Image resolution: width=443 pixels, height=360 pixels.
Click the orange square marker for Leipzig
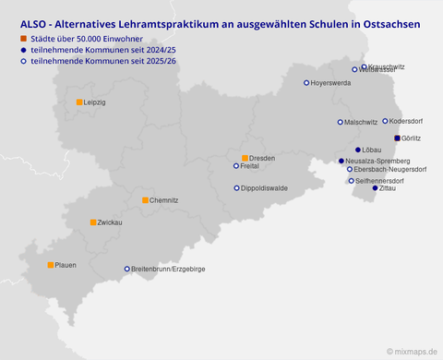pos(79,102)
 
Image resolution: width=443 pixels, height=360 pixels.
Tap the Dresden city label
pos(263,158)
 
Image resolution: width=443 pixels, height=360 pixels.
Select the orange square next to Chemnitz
pos(145,199)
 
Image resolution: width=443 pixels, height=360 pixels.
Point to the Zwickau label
pos(111,222)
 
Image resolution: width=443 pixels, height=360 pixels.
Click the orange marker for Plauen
pos(51,265)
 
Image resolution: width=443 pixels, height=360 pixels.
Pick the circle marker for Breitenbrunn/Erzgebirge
pos(127,270)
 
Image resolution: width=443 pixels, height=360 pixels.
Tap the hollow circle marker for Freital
pos(236,166)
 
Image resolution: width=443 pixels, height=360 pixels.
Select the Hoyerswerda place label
pos(331,83)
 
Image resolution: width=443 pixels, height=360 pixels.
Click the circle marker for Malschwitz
pos(341,122)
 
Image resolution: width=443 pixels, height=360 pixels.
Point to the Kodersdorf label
pos(408,121)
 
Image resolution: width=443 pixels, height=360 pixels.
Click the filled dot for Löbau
pos(358,150)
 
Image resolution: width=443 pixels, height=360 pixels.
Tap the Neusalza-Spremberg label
pos(377,161)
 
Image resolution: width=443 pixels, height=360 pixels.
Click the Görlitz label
pos(412,138)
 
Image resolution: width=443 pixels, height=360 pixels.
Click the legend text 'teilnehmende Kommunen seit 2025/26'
pos(91,61)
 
